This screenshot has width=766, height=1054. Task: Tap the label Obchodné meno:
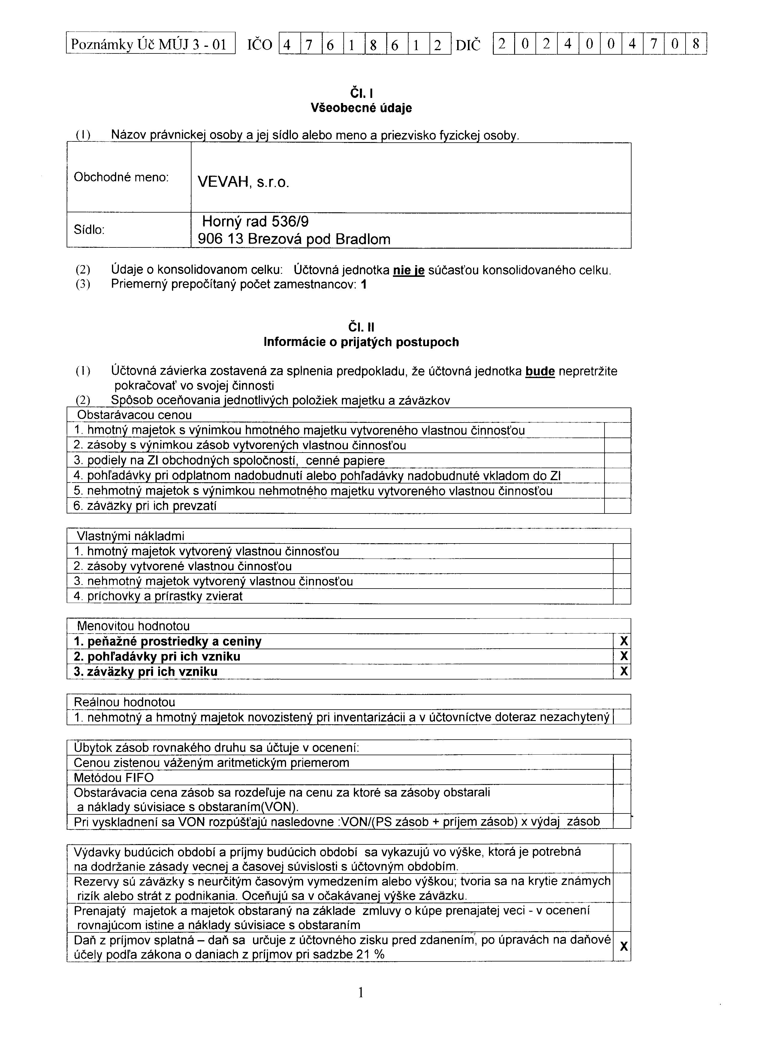tap(121, 177)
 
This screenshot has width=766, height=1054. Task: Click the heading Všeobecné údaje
tap(361, 108)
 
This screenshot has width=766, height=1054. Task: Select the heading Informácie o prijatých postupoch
tap(361, 342)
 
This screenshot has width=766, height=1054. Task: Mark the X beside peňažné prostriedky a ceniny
tap(624, 641)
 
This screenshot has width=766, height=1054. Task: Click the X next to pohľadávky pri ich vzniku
tap(624, 656)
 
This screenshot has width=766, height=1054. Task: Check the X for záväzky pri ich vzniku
tap(624, 671)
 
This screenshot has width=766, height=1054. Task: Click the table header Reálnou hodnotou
tap(126, 702)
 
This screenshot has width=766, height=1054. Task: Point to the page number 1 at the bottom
tap(361, 993)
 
